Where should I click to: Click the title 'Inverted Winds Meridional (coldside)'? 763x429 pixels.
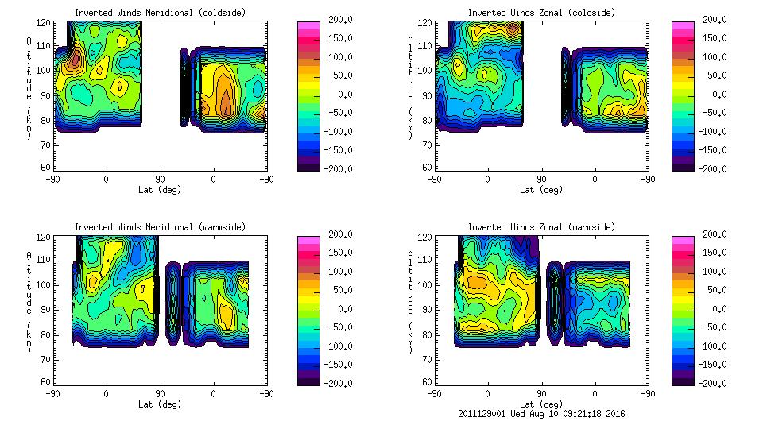160,12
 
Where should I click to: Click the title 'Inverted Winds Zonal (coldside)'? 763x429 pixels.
541,12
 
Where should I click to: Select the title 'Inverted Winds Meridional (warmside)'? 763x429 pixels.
160,226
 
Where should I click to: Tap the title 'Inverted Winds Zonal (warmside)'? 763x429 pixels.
541,226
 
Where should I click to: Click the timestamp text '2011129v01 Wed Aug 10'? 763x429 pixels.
507,414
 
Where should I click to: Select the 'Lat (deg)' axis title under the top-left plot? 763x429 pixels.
160,189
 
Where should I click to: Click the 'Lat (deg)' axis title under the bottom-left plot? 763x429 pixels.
160,404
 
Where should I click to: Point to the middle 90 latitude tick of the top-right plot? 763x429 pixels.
541,180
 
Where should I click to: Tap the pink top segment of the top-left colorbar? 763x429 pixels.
308,26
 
